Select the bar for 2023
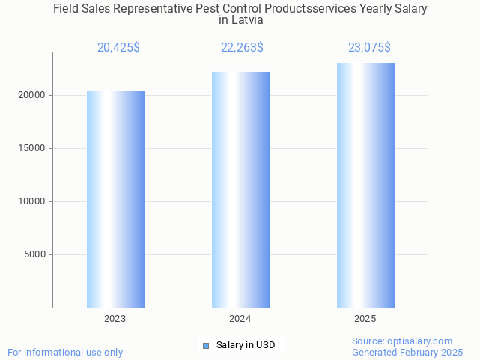pos(115,199)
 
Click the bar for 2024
pos(240,189)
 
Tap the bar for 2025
pos(365,185)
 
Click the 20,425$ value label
pos(118,47)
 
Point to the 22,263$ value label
pos(242,47)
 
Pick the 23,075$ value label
pos(369,47)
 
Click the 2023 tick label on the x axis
pos(115,319)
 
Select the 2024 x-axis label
pos(240,319)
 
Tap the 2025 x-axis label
pos(365,319)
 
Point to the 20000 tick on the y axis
pos(33,96)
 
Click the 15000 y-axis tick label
pos(33,148)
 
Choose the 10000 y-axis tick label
pos(33,201)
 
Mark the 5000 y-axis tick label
pos(35,254)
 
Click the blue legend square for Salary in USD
pos(206,345)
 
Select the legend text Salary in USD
pos(246,345)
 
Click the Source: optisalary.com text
pos(402,341)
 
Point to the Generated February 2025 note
pos(407,352)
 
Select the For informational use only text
pos(65,352)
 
